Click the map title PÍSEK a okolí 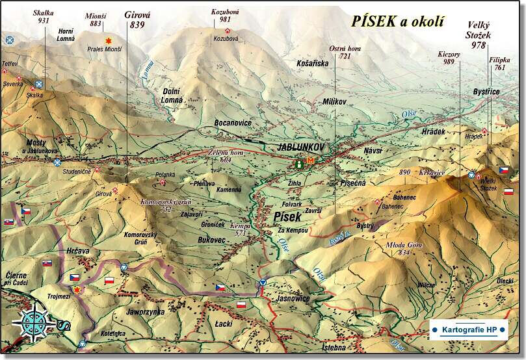tap(399, 21)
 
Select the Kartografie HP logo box tap(468, 329)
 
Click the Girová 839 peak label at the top tap(137, 19)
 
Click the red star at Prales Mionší tap(109, 40)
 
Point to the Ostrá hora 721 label tap(345, 53)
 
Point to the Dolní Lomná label tap(172, 96)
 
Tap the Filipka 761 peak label tap(499, 63)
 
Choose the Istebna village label tap(334, 348)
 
